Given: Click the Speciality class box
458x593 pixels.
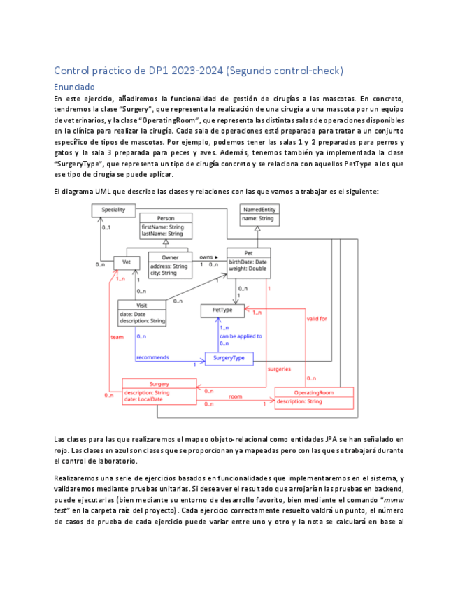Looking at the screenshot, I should [x=113, y=210].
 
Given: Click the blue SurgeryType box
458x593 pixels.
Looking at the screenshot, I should [x=229, y=358].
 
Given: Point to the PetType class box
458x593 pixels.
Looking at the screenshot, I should [x=222, y=309].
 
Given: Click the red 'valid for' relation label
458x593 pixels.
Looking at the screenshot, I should [x=317, y=319].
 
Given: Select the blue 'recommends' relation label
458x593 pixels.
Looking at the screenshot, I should [x=152, y=357].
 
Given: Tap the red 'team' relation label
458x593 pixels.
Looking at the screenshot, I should [x=117, y=337].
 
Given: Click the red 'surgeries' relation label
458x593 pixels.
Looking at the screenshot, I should [x=280, y=369].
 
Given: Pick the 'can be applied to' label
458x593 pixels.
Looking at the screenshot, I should [x=241, y=336].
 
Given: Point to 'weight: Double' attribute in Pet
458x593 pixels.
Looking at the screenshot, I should [x=248, y=269].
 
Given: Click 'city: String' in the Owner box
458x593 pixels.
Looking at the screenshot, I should [x=165, y=273].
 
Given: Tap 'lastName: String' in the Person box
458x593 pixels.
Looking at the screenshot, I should [x=163, y=234].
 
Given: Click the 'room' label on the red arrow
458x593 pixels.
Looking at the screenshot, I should [x=235, y=396].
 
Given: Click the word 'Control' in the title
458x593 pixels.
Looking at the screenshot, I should [x=73, y=71].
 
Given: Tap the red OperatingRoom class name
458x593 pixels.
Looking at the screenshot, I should [x=313, y=393].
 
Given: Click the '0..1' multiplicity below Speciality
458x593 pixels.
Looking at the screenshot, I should [x=108, y=227].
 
